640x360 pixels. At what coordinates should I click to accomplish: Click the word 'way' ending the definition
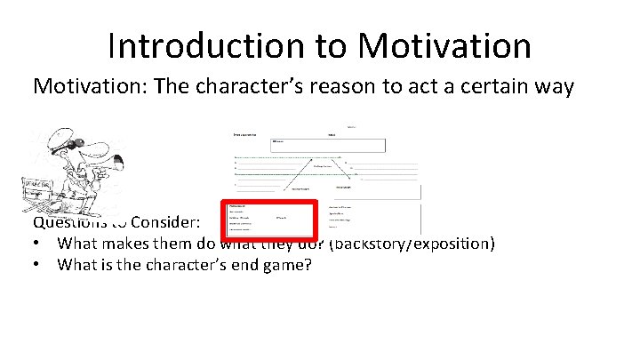[561, 86]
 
